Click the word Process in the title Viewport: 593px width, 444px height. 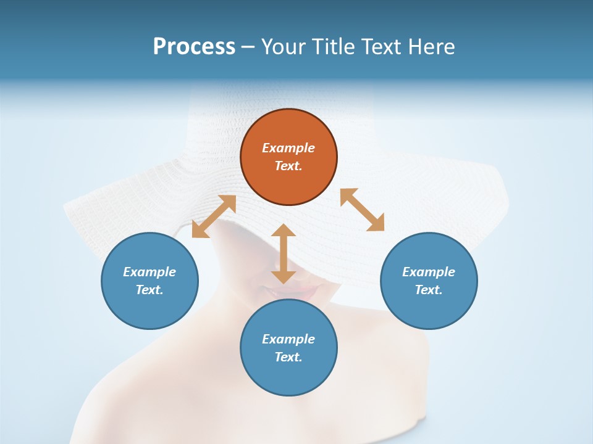194,46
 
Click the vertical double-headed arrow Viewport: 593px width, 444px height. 284,254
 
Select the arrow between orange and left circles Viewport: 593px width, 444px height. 214,216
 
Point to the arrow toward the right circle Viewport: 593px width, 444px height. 362,210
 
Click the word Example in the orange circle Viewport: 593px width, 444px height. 288,148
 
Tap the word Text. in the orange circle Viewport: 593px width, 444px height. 288,166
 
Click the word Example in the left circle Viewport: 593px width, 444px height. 149,272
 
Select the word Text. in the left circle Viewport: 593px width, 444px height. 149,290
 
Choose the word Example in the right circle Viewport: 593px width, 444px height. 429,272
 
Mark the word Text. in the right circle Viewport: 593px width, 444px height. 429,290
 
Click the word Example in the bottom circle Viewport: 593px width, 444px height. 288,339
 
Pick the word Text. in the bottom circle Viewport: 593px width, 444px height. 288,357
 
